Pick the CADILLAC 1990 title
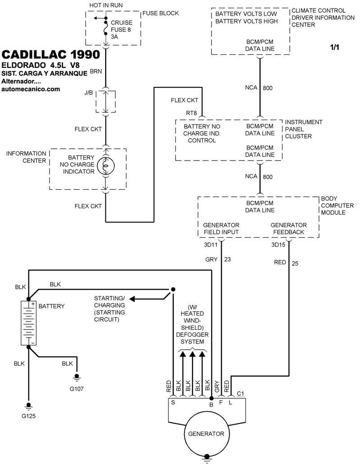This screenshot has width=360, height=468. click(x=51, y=54)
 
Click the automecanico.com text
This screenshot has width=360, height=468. click(x=31, y=89)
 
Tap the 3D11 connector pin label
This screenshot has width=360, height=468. click(x=211, y=245)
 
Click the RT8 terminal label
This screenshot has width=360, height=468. click(x=191, y=113)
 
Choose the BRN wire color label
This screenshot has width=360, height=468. click(x=96, y=71)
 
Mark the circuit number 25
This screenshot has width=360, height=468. click(x=295, y=263)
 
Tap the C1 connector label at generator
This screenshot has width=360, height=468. click(x=240, y=394)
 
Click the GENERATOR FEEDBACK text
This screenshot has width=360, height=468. click(x=288, y=228)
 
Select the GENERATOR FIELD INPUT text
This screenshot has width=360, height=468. click(x=221, y=228)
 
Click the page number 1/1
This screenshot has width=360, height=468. click(x=335, y=47)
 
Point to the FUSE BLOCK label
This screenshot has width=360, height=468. click(x=161, y=13)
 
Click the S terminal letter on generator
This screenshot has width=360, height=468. click(x=173, y=403)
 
